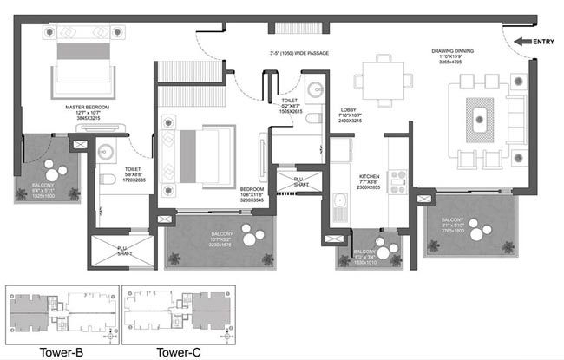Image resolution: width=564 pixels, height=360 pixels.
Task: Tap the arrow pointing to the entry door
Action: (523, 41)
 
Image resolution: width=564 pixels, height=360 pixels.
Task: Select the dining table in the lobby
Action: (384, 75)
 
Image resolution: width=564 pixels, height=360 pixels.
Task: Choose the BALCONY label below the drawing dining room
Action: (454, 224)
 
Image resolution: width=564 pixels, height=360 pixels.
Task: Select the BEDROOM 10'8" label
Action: (252, 193)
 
